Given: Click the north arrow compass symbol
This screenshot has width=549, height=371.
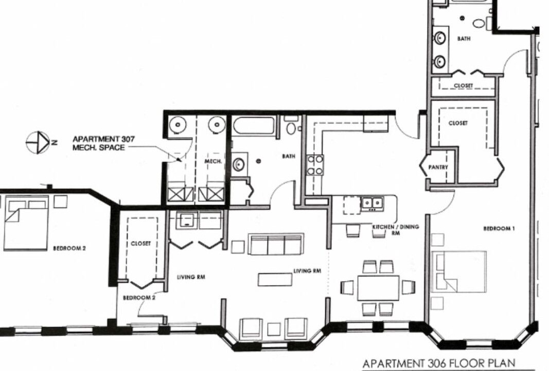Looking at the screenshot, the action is pos(38,142).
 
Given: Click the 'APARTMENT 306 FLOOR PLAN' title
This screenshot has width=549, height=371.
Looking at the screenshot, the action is pos(439,363).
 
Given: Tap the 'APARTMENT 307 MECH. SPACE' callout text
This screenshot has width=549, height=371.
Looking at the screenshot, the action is pos(103,143).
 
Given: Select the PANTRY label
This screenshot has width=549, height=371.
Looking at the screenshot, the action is pos(438,167).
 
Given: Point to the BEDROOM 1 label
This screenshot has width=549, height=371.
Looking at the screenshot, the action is pos(499,229).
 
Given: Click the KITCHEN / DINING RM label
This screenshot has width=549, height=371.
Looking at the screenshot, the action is pos(396,229).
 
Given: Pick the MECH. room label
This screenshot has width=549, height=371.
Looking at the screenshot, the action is pos(213,161).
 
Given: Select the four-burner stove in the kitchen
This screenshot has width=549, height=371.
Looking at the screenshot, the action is pos(315,165).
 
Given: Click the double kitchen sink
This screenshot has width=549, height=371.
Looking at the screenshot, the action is pos(372,204).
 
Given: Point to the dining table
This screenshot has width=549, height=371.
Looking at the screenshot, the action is pos(378,288).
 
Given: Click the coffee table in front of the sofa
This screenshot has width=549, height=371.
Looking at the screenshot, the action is pos(275,279).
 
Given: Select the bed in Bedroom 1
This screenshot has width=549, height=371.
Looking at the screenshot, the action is pos(459,272).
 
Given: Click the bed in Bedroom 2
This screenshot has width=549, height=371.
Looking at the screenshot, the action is pos(25,225).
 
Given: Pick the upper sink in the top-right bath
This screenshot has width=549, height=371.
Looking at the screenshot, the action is pos(440,38).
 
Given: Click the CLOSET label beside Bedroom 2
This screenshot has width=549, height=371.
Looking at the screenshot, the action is pos(140,243).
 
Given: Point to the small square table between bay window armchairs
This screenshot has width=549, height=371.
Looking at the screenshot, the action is pos(273,329).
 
